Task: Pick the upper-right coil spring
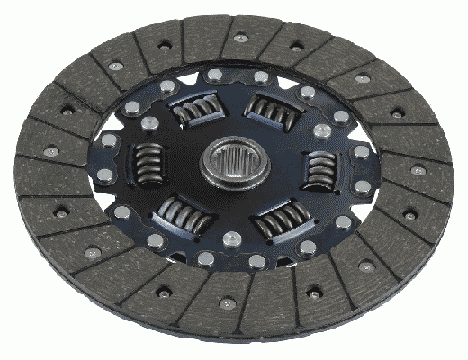[269, 110]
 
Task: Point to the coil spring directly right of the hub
[317, 167]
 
